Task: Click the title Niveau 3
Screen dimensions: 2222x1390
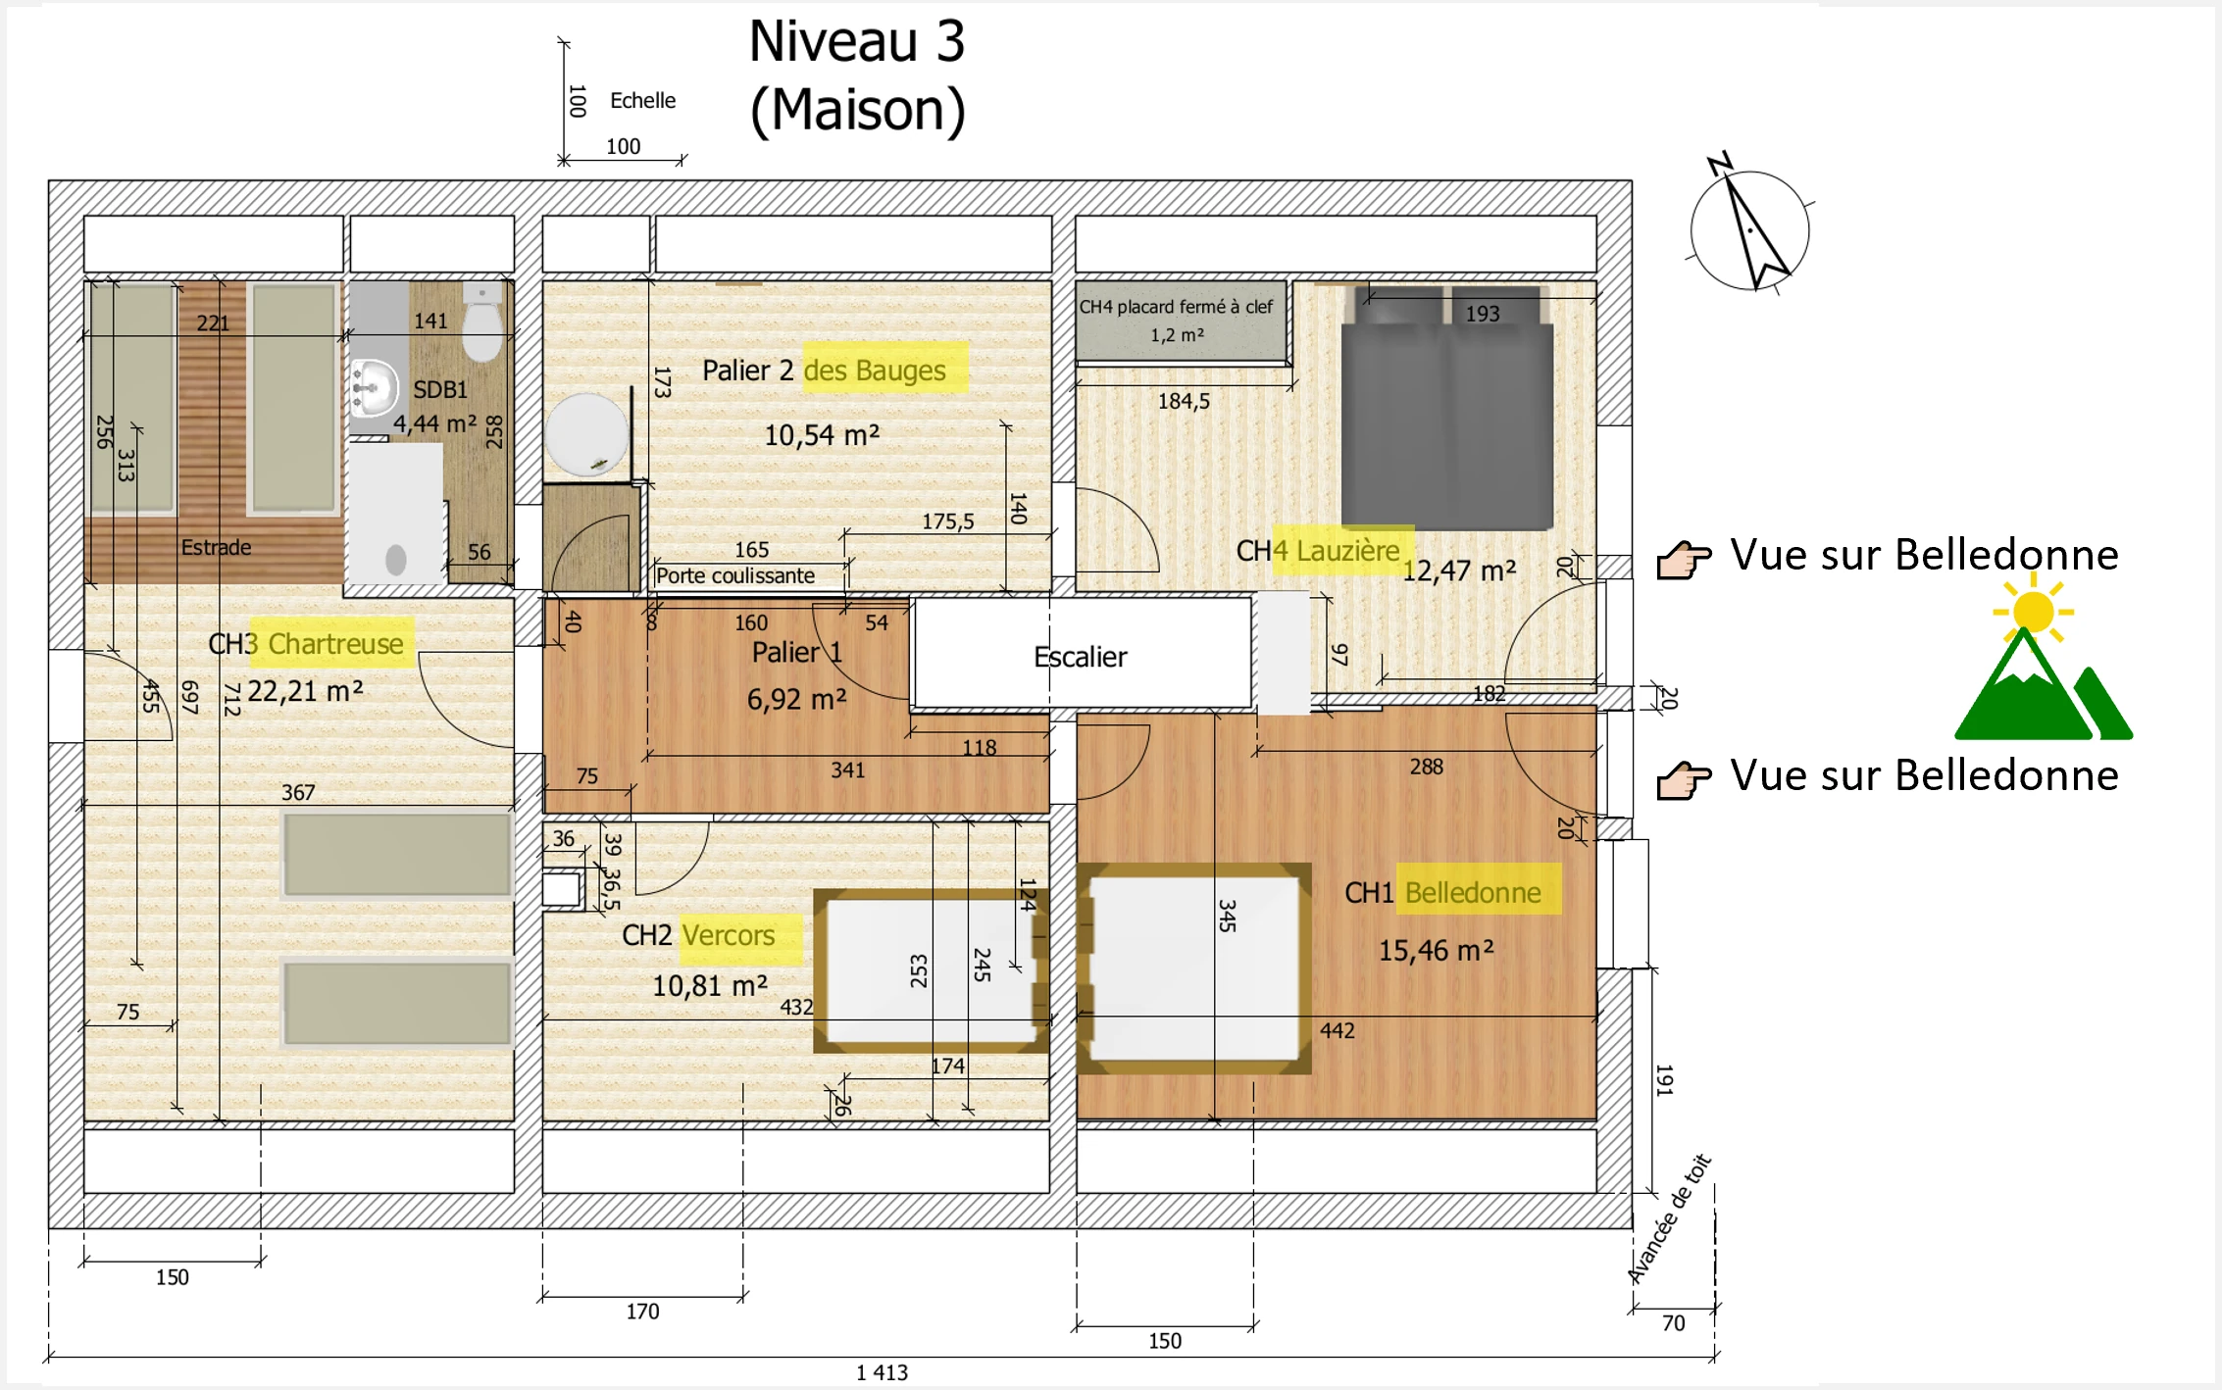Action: pyautogui.click(x=857, y=42)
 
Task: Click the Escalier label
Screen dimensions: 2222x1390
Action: pyautogui.click(x=1080, y=657)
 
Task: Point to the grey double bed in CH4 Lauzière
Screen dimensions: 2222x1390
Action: pyautogui.click(x=1446, y=408)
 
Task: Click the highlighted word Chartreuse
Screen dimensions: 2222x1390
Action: pyautogui.click(x=335, y=644)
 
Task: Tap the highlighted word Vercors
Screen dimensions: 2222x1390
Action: pyautogui.click(x=729, y=935)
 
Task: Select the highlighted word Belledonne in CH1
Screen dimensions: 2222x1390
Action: pyautogui.click(x=1473, y=892)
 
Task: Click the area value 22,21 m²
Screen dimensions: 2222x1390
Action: pyautogui.click(x=305, y=691)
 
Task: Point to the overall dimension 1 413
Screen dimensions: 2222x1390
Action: pyautogui.click(x=883, y=1372)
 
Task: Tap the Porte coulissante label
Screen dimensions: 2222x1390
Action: pyautogui.click(x=735, y=575)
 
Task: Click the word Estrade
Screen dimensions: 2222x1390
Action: pyautogui.click(x=216, y=547)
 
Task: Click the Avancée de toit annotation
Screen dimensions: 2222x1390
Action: pyautogui.click(x=1669, y=1218)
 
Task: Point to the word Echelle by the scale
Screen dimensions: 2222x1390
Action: pyautogui.click(x=642, y=100)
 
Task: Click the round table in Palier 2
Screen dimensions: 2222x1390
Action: pyautogui.click(x=587, y=435)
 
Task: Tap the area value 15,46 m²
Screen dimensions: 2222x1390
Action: pyautogui.click(x=1437, y=950)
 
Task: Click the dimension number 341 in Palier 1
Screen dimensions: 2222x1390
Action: pyautogui.click(x=848, y=770)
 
